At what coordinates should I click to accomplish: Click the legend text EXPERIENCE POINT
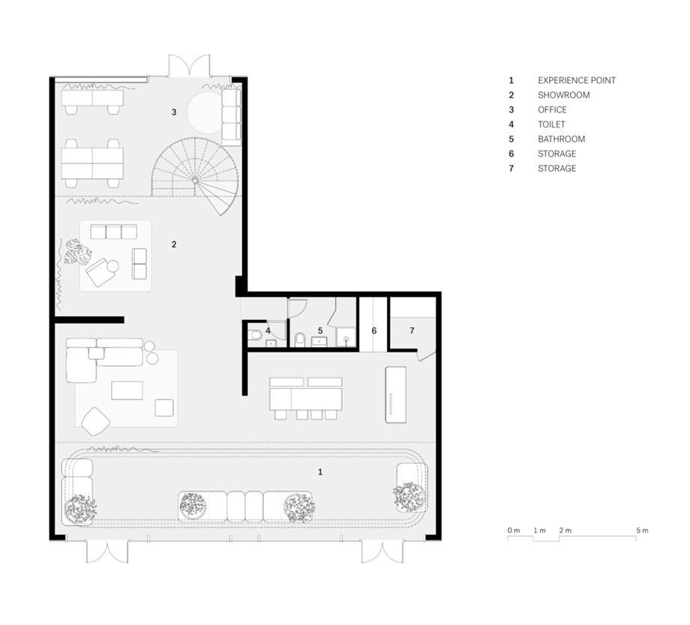click(x=577, y=80)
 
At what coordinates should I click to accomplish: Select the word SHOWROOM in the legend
click(x=564, y=95)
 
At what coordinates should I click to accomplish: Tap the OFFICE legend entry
click(x=552, y=109)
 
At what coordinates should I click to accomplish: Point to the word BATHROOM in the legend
click(x=562, y=139)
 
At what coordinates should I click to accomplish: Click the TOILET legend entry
click(x=551, y=124)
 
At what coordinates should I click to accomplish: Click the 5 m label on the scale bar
click(x=642, y=531)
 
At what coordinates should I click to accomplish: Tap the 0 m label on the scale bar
click(x=514, y=531)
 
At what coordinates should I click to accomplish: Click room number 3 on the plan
click(x=174, y=112)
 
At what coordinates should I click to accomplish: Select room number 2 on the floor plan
click(x=174, y=244)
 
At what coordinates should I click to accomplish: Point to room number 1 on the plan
click(x=320, y=472)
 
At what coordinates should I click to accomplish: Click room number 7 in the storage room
click(x=412, y=330)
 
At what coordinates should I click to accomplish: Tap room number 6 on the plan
click(x=374, y=330)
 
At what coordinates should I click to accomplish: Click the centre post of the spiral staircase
click(x=195, y=180)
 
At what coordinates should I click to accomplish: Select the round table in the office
click(x=205, y=112)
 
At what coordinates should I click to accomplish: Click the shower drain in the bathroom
click(x=346, y=339)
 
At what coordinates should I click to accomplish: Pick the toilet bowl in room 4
click(x=255, y=336)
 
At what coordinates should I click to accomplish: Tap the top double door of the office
click(x=189, y=65)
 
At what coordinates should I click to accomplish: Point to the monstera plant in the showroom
click(x=78, y=252)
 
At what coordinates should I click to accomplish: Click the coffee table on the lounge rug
click(x=127, y=390)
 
